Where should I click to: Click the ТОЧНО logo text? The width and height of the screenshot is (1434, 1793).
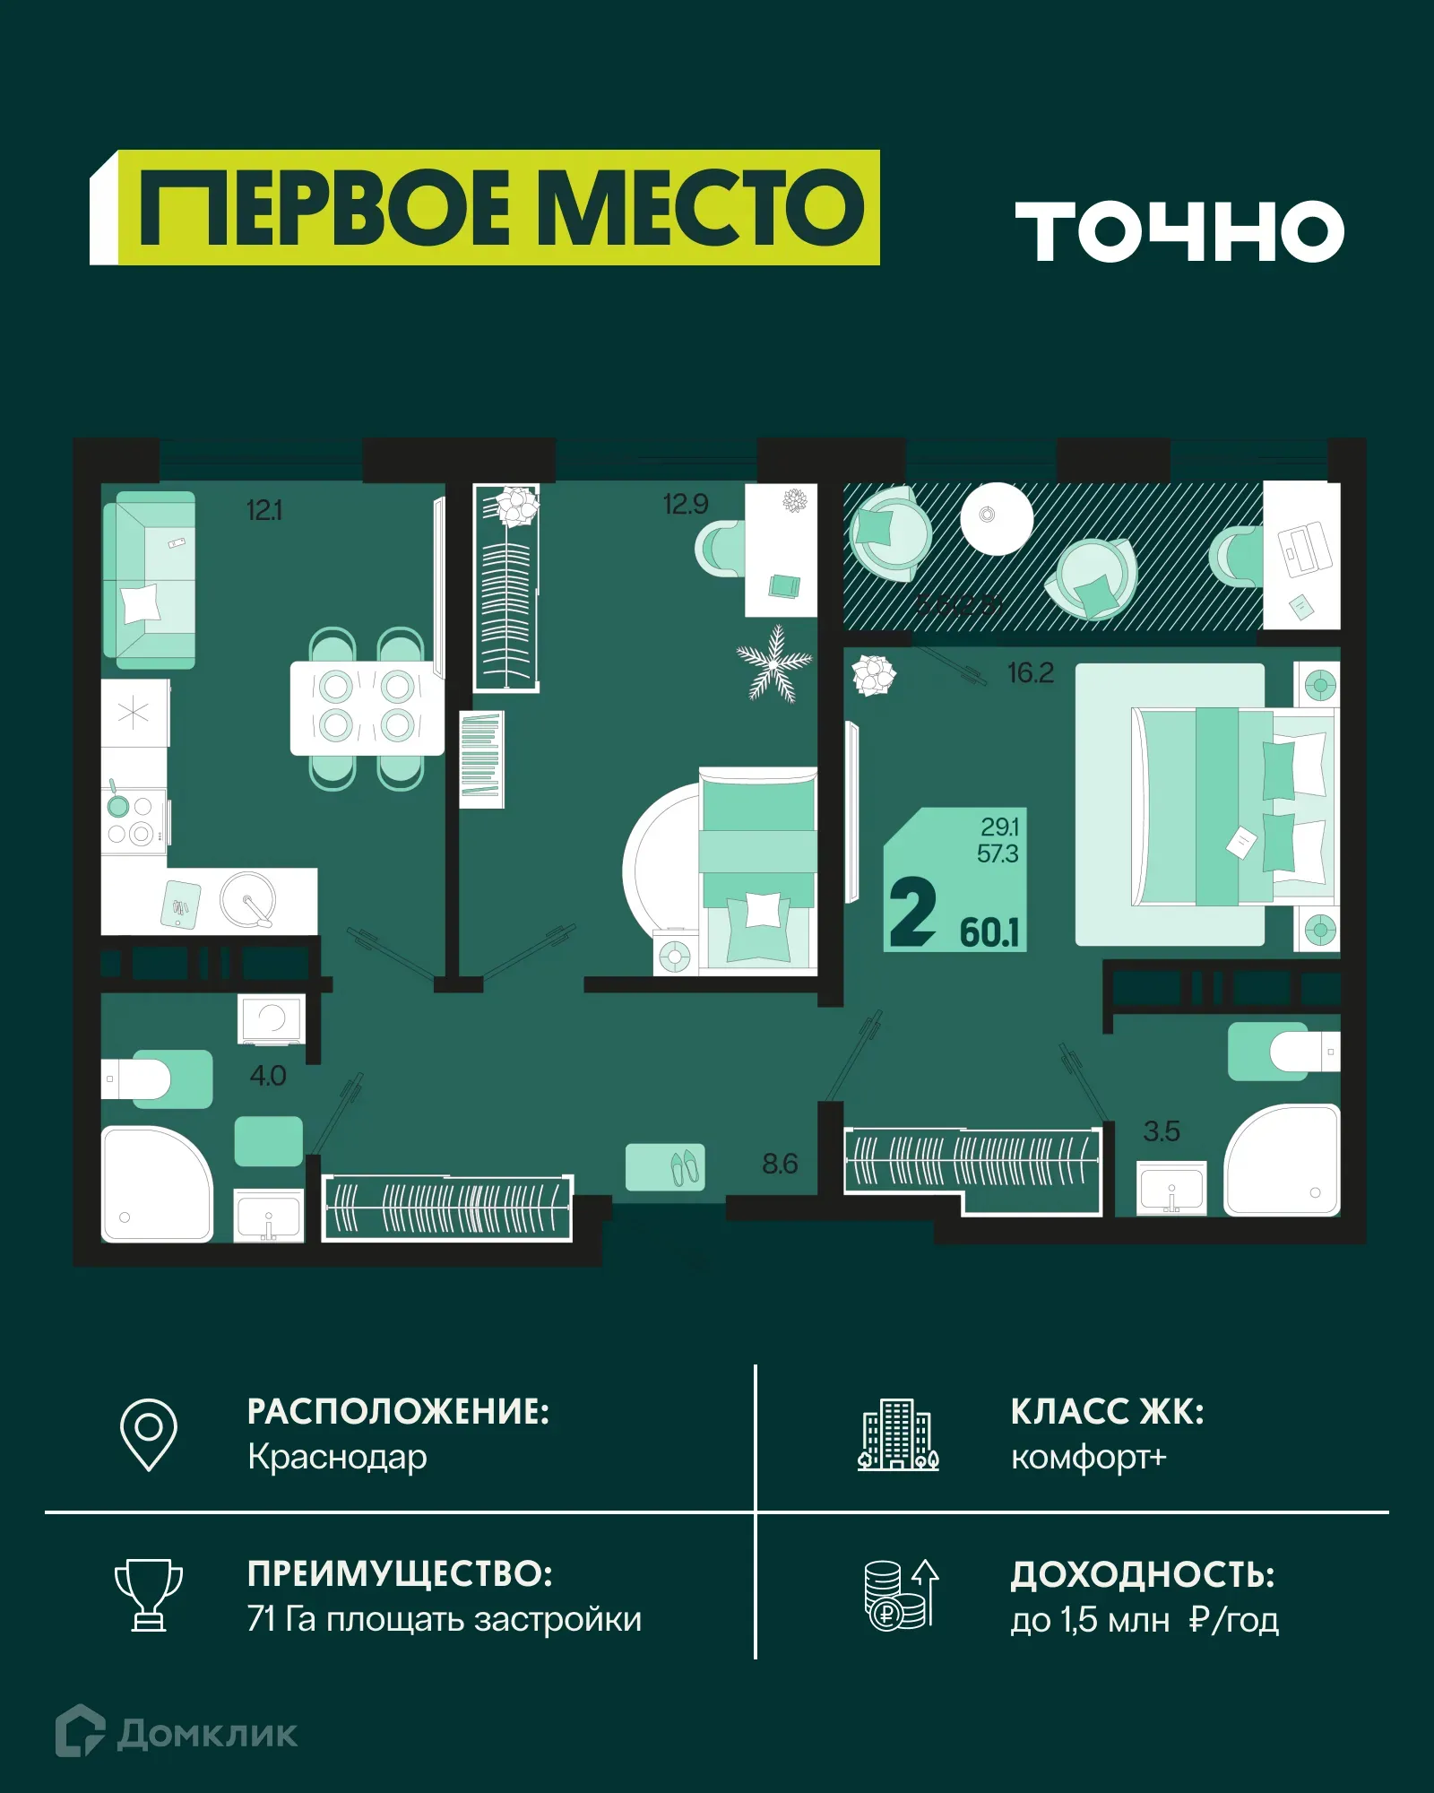pos(1179,231)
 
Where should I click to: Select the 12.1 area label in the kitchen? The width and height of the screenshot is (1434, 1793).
pos(264,511)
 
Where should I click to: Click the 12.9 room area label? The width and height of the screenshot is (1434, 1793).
pos(686,505)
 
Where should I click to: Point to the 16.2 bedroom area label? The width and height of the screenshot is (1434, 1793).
pos(1030,672)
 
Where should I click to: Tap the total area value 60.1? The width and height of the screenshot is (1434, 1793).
pos(989,932)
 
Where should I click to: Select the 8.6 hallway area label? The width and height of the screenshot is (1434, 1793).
pos(779,1164)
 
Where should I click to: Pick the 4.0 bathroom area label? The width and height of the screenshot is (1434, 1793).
pos(267,1076)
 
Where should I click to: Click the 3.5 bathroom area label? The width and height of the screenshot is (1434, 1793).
pos(1162,1131)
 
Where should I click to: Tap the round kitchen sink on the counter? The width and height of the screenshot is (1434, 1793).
pos(248,899)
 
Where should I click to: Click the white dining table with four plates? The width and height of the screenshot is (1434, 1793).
pos(367,707)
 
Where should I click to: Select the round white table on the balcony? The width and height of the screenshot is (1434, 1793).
pos(996,518)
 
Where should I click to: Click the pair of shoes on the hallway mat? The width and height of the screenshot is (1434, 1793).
pos(686,1166)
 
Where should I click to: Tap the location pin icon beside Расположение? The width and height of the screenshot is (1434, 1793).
pos(149,1434)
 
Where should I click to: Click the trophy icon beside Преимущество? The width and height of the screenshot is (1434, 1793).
pos(149,1595)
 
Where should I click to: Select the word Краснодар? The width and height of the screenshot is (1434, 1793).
pos(337,1458)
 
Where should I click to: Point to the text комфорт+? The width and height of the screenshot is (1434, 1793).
pos(1088,1458)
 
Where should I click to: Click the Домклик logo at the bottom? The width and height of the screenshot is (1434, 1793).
pos(177,1733)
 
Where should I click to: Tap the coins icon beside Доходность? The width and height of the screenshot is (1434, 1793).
pos(900,1596)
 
